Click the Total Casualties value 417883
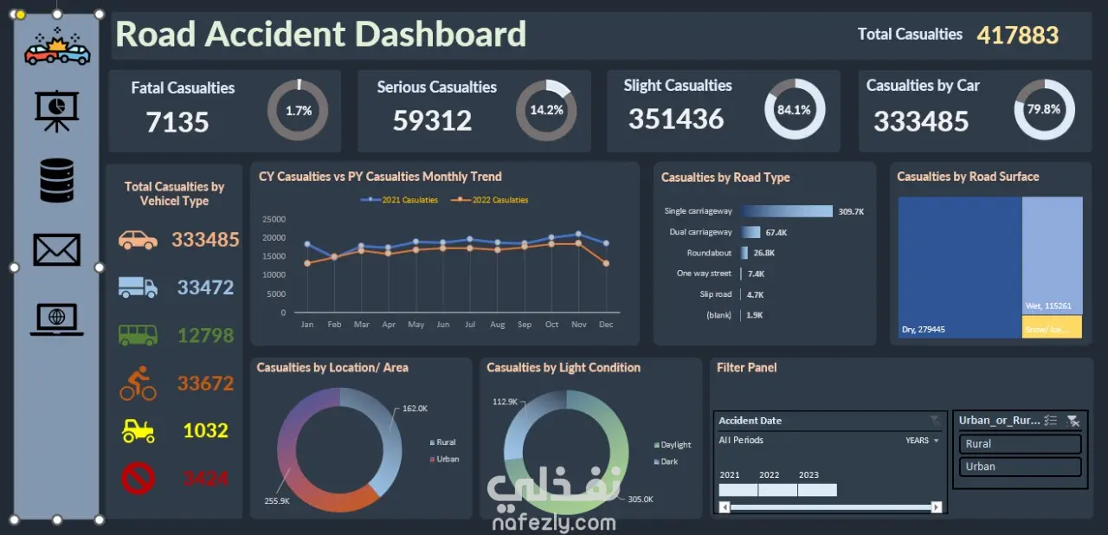pos(1017,35)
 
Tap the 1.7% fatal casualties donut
pos(298,110)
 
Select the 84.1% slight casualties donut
pos(794,110)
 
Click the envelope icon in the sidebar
pos(57,249)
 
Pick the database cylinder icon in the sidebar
pos(57,180)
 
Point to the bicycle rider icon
pos(138,383)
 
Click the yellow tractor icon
pos(138,430)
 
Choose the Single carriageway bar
pos(786,211)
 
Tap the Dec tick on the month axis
pos(606,325)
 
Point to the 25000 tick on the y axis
pos(274,219)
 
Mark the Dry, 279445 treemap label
pos(924,330)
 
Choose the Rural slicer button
pos(1020,444)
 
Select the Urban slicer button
pos(1020,467)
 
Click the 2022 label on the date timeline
pos(770,474)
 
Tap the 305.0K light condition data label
pos(641,500)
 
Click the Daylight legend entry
pos(675,445)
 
